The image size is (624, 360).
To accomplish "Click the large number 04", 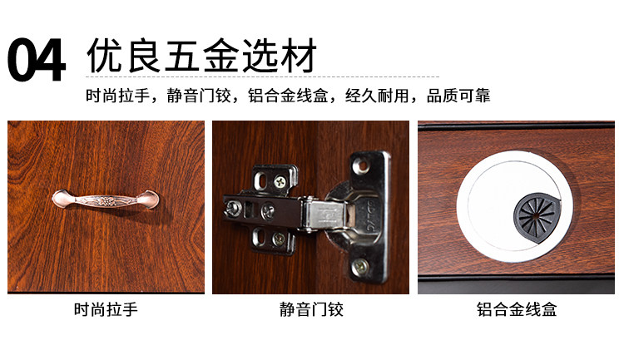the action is pos(36,60).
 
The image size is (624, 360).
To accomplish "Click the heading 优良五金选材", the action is pos(202,56).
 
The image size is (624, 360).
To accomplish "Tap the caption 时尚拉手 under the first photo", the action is pos(106,309).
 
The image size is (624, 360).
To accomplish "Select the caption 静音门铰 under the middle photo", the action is pos(311,309).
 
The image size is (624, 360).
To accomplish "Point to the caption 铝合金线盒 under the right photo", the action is pos(517,309).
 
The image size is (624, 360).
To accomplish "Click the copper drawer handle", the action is pos(106,200).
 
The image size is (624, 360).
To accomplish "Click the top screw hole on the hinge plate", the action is pos(362,164).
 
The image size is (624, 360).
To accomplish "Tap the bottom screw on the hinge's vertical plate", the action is pos(360,264).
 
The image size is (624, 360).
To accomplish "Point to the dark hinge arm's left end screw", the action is pos(232,208).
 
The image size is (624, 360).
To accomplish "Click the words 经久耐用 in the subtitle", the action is pos(377,96).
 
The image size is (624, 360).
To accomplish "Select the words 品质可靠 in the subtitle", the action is pos(458,96).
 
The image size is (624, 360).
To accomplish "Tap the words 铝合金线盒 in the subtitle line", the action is pos(288,96).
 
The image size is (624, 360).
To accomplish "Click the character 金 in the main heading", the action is pos(220,56).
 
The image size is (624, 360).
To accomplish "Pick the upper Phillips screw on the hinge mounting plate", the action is pos(280,183).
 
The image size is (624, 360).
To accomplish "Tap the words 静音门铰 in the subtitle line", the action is pos(199,96).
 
